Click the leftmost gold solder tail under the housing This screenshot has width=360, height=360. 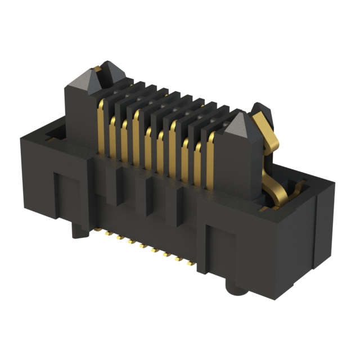pos(105,232)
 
